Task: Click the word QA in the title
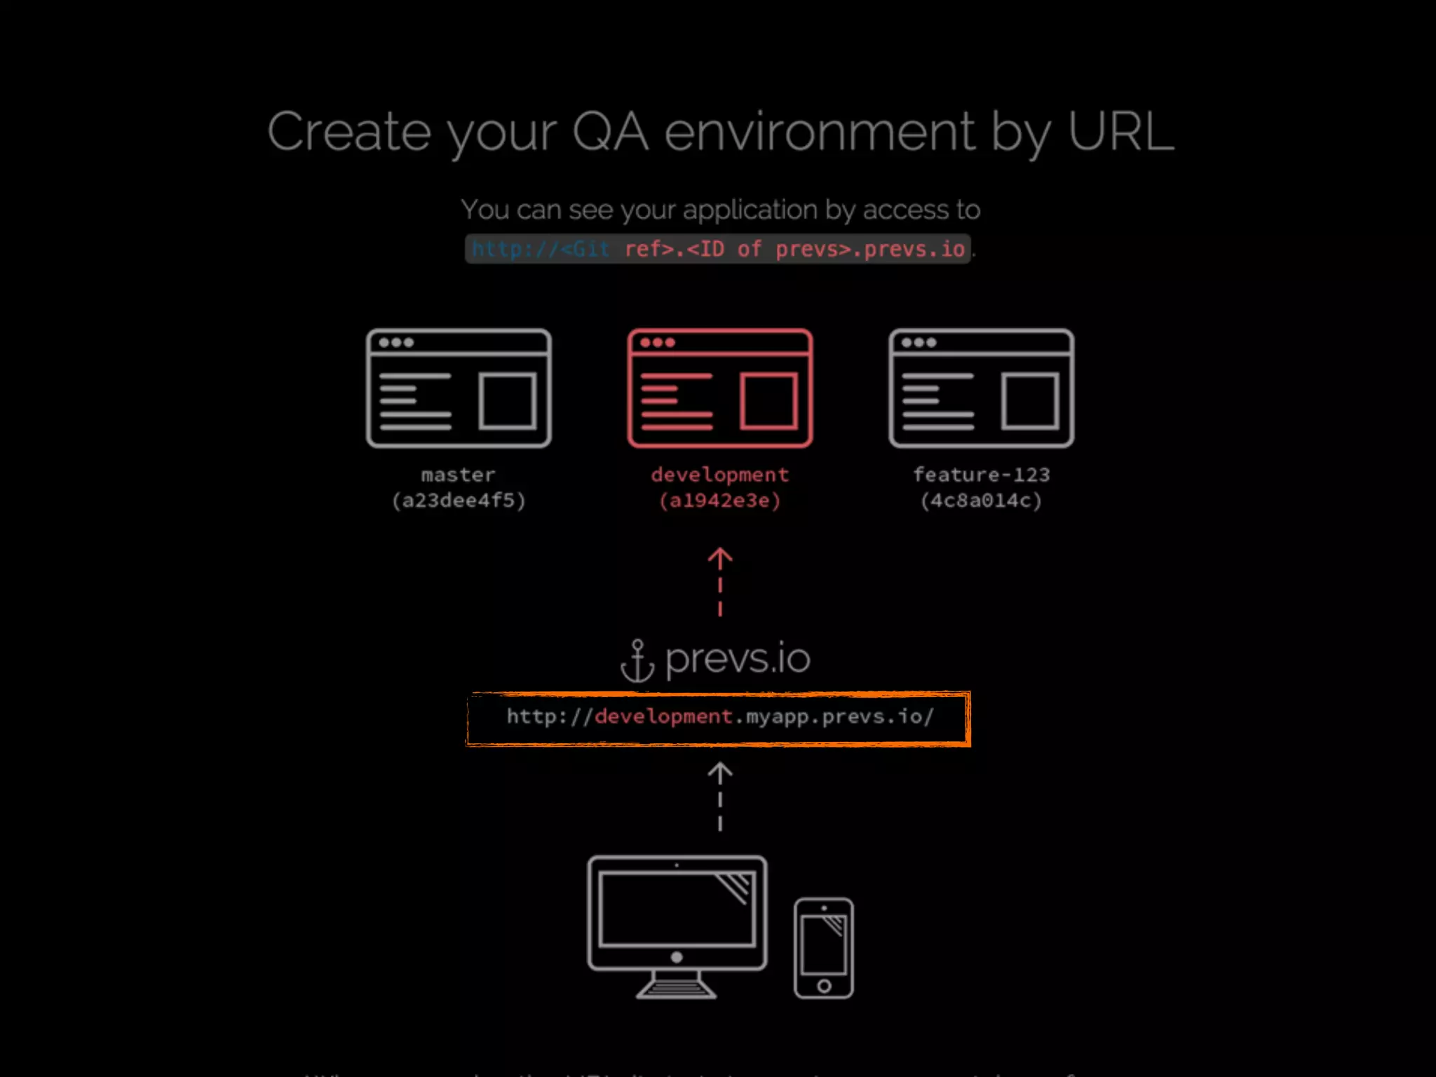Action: [610, 132]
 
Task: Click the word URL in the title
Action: [1120, 132]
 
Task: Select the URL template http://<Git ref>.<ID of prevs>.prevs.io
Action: [718, 249]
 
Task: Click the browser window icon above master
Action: [459, 388]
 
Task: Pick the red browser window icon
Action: [720, 388]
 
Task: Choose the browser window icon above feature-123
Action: [981, 388]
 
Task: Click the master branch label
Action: [458, 475]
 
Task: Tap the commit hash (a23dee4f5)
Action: [459, 501]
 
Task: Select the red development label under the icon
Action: [720, 475]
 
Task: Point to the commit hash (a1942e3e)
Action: [720, 501]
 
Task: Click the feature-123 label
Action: [981, 475]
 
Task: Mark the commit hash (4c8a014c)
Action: [981, 501]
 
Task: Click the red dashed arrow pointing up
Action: [720, 582]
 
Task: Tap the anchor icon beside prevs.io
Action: [637, 661]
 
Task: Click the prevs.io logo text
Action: [738, 659]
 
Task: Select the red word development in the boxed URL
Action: [663, 717]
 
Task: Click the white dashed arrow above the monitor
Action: [720, 797]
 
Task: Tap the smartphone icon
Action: [824, 948]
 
